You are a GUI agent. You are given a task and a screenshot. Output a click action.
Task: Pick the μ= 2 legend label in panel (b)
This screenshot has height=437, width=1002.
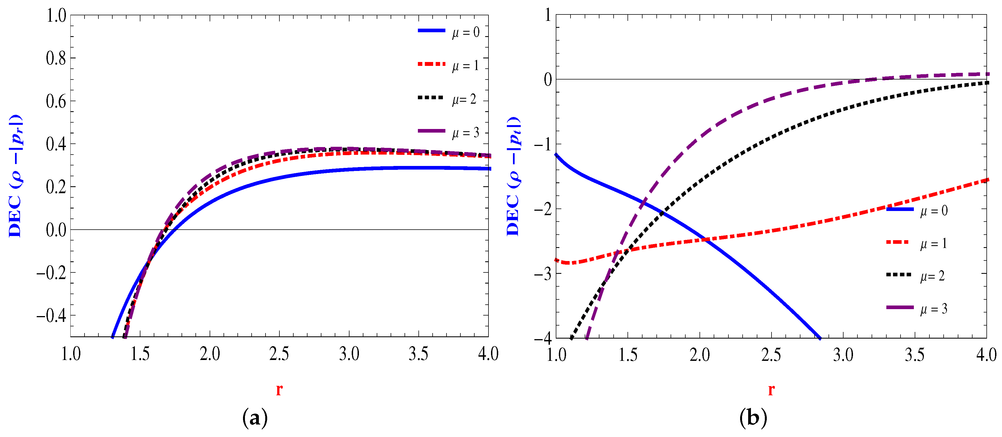click(x=932, y=276)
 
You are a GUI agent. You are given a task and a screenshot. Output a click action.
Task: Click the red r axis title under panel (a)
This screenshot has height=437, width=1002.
click(x=279, y=389)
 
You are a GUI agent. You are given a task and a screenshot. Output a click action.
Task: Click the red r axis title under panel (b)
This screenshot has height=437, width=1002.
click(x=771, y=389)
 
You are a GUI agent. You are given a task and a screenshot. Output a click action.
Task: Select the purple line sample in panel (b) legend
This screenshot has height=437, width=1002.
click(x=899, y=307)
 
